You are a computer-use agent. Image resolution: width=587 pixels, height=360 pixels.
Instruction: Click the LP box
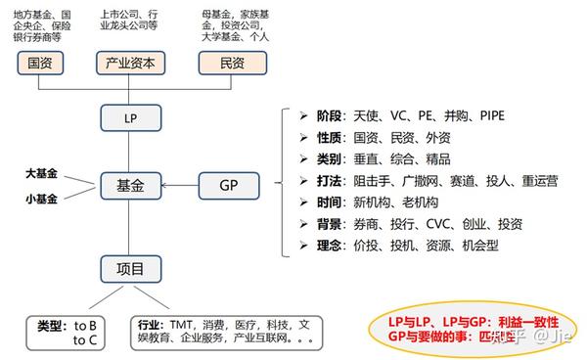pyautogui.click(x=130, y=117)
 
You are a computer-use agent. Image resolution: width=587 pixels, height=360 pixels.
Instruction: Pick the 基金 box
pyautogui.click(x=130, y=184)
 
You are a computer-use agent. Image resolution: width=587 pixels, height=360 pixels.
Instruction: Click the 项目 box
pyautogui.click(x=130, y=268)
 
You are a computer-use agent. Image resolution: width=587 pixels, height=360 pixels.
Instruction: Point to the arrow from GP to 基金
pyautogui.click(x=180, y=184)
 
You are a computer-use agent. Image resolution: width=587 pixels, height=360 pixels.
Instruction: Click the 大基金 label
pyautogui.click(x=42, y=173)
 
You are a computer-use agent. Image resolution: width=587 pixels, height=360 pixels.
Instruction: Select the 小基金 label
pyautogui.click(x=42, y=198)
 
